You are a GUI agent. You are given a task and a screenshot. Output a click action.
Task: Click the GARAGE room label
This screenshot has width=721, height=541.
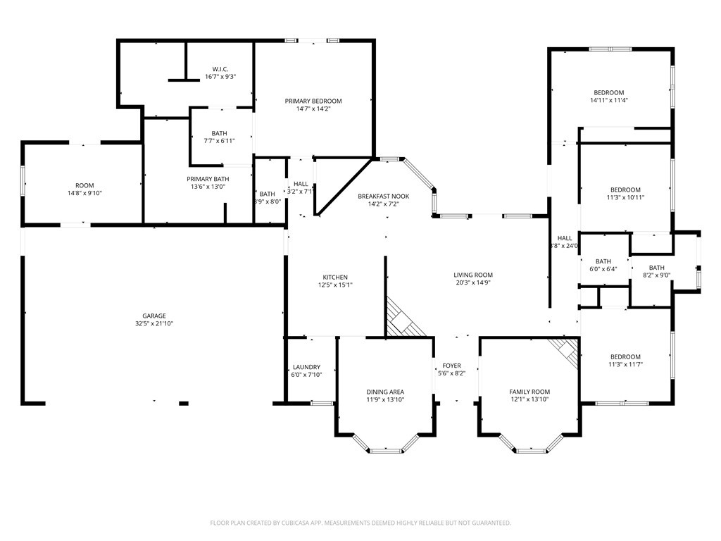pyautogui.click(x=154, y=316)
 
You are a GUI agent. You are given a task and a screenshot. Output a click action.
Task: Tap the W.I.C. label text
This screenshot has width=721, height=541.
pyautogui.click(x=220, y=69)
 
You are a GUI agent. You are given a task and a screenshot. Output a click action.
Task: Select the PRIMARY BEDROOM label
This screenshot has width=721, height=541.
pyautogui.click(x=313, y=101)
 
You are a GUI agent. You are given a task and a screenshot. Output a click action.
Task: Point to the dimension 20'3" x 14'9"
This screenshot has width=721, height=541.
pyautogui.click(x=473, y=282)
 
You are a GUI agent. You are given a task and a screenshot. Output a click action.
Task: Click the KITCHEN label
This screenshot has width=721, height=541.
pyautogui.click(x=335, y=277)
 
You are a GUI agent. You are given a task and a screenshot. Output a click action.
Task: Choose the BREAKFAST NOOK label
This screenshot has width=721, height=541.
pyautogui.click(x=384, y=197)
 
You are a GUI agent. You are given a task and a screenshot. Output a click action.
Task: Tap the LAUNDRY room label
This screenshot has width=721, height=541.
pyautogui.click(x=307, y=367)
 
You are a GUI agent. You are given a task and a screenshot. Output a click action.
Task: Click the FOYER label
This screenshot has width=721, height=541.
pyautogui.click(x=452, y=366)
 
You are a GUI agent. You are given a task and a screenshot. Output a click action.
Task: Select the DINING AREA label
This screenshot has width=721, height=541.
pyautogui.click(x=385, y=392)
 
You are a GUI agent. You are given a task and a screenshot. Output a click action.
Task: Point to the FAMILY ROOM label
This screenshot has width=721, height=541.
pyautogui.click(x=529, y=392)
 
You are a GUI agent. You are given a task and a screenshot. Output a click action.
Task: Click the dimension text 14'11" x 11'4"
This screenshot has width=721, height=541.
pyautogui.click(x=609, y=100)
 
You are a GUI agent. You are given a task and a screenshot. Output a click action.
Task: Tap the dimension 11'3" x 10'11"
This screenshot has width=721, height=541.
pyautogui.click(x=625, y=197)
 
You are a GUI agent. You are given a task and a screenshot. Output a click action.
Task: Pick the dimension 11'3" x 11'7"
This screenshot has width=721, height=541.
pyautogui.click(x=625, y=364)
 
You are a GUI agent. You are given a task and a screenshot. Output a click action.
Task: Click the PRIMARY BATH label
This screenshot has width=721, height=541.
pyautogui.click(x=208, y=179)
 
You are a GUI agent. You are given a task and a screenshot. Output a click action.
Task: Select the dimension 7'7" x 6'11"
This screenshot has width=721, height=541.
pyautogui.click(x=220, y=141)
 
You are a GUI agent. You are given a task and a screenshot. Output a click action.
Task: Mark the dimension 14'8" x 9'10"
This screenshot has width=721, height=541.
pyautogui.click(x=84, y=193)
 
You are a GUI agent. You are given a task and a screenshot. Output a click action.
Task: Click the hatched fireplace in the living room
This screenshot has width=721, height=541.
pyautogui.click(x=403, y=318)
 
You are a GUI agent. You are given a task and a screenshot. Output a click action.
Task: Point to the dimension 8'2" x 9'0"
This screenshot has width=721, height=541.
pyautogui.click(x=657, y=275)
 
